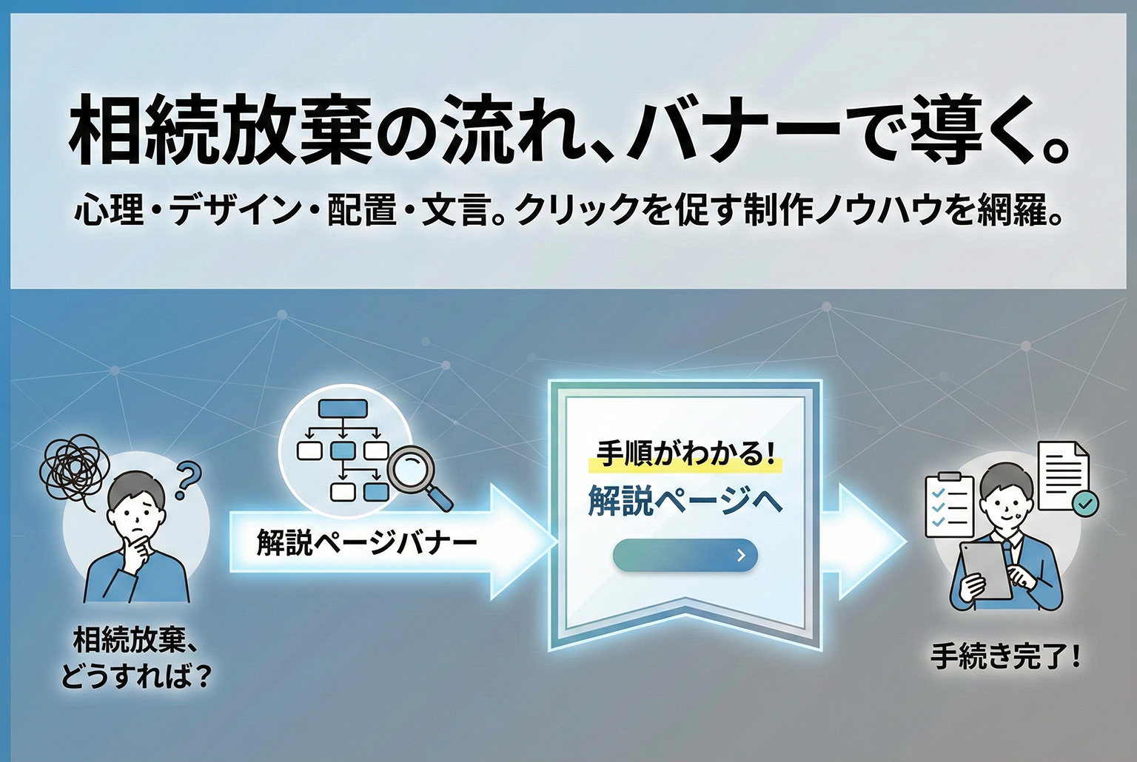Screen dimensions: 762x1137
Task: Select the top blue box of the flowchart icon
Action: [x=343, y=408]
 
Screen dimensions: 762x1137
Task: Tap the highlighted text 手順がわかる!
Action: [x=684, y=454]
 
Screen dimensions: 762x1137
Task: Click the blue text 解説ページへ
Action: [x=685, y=501]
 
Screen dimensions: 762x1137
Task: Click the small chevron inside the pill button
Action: [x=741, y=556]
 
